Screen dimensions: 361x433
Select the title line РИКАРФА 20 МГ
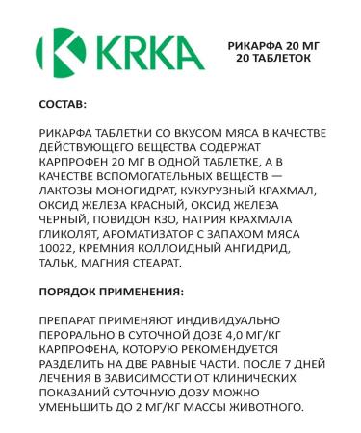pyautogui.click(x=274, y=45)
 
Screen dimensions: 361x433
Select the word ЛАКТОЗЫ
pyautogui.click(x=68, y=191)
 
